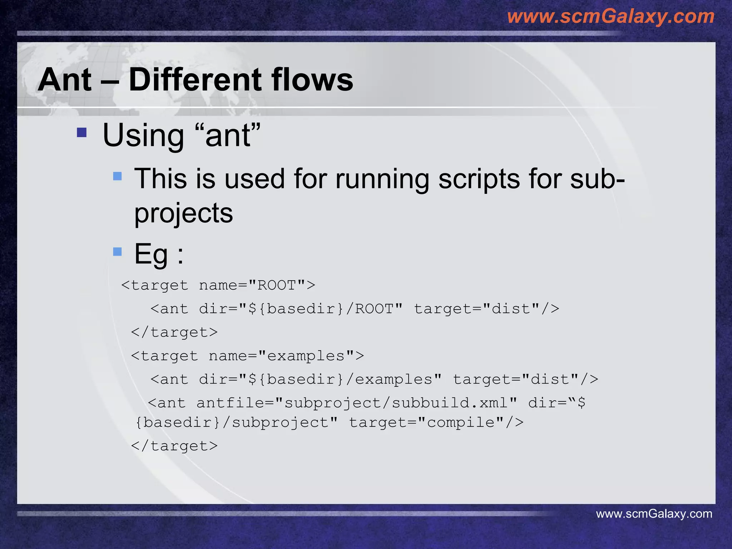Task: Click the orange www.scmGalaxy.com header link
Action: point(610,16)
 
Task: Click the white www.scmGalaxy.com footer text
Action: point(654,514)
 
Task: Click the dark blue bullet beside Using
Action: point(82,133)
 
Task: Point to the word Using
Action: point(143,136)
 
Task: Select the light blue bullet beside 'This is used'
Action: point(117,176)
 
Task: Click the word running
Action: point(382,179)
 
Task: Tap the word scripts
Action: point(479,179)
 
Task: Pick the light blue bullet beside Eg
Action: point(117,252)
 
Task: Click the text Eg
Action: point(151,254)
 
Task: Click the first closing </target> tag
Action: point(174,332)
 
